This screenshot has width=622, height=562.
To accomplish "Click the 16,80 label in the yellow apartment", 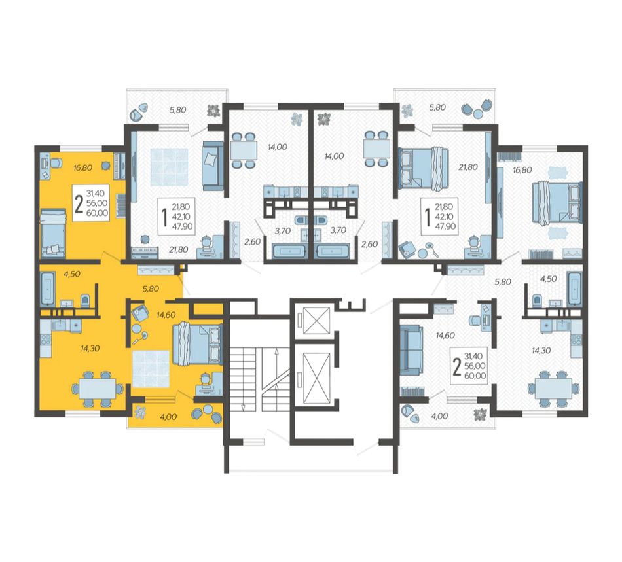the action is click(82, 168).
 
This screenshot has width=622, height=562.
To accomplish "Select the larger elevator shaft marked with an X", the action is click(317, 376).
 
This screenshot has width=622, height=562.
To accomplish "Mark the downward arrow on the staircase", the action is click(243, 398).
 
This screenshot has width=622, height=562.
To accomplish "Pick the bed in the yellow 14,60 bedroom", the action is click(197, 343).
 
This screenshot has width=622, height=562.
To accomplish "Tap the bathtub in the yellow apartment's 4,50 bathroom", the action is click(48, 289).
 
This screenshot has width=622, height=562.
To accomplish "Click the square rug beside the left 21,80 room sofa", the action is click(169, 167).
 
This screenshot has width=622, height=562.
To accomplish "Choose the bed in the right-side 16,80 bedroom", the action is click(557, 203).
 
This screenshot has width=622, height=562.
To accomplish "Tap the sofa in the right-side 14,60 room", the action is click(411, 349).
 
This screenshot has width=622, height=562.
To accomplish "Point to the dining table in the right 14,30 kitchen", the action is click(553, 388).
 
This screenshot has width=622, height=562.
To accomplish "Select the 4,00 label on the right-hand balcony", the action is click(439, 415).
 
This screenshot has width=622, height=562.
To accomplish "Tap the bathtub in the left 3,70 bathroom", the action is click(288, 251).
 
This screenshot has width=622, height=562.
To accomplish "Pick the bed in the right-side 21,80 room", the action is click(423, 167).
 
